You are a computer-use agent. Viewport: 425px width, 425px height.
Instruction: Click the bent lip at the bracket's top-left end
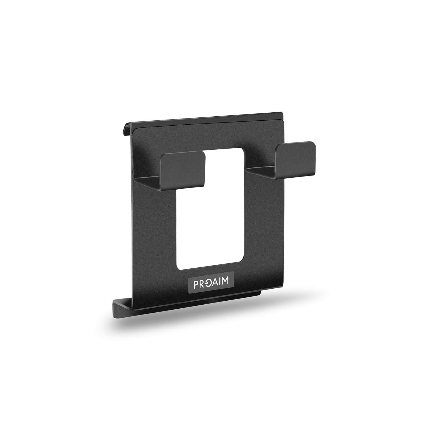pos(127,128)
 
